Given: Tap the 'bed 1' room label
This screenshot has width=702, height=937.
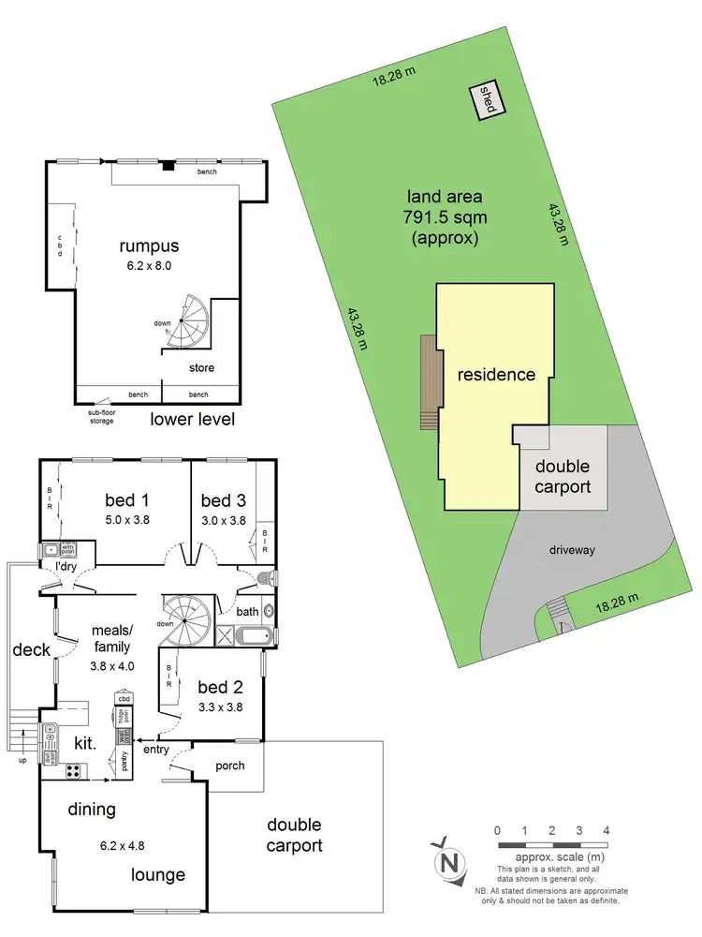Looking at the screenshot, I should [x=127, y=498].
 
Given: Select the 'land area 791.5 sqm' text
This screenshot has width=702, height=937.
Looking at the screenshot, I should [x=444, y=216].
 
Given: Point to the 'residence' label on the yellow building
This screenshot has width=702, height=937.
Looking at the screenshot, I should [x=496, y=375].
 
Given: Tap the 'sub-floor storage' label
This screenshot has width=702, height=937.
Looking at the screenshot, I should [x=101, y=416].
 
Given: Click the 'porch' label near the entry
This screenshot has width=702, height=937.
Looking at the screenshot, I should [x=229, y=766].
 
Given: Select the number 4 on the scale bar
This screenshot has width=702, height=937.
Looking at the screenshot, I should [x=607, y=829].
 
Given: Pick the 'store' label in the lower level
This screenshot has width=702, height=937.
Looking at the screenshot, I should [x=202, y=367].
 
